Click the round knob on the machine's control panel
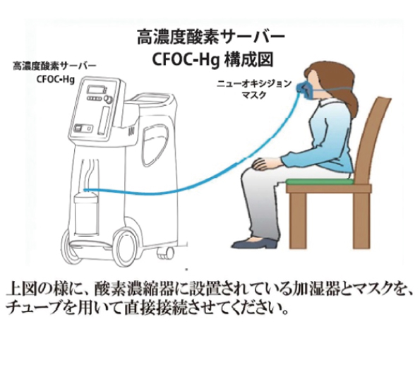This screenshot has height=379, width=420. click(107, 100)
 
